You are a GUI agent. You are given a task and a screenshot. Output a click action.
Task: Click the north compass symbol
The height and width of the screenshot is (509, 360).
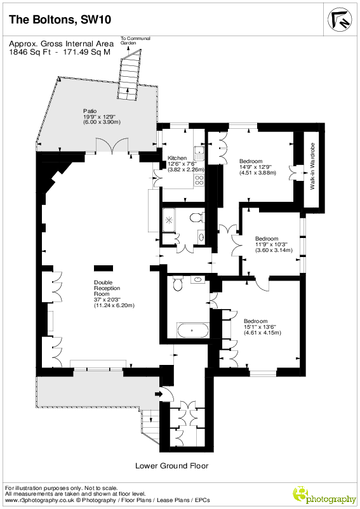340,20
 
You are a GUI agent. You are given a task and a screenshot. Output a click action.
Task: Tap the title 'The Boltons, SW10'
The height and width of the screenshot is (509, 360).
60,20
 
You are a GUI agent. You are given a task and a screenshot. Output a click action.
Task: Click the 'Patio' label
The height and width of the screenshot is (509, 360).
90,111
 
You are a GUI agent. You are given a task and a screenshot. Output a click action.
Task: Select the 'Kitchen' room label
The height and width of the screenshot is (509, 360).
177,158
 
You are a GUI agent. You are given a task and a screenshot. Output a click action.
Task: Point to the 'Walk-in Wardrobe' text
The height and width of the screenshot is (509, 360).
312,166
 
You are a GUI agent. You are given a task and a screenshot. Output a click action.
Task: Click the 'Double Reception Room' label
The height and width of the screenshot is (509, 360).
107,288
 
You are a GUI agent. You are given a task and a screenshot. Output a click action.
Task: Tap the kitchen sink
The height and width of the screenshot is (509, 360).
199,153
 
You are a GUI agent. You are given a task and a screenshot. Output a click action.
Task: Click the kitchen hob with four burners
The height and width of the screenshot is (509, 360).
199,180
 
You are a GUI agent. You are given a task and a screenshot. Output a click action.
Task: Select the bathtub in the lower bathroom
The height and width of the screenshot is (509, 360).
193,330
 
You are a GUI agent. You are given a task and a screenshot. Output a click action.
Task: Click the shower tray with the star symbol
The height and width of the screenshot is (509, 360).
169,220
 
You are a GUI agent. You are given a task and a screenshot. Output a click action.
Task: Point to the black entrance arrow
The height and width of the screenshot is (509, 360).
159,394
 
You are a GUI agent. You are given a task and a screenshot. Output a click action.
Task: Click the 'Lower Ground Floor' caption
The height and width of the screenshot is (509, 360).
171,466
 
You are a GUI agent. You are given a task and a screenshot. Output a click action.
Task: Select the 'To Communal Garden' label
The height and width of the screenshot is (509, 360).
135,40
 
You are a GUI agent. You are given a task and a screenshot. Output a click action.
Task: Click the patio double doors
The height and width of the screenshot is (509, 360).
112,145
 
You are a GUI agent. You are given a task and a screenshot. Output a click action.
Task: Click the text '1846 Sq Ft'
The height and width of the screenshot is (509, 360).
30,52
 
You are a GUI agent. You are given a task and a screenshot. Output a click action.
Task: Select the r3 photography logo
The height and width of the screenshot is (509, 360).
324,496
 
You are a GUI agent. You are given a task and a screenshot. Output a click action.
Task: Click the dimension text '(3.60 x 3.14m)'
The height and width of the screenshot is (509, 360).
274,250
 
